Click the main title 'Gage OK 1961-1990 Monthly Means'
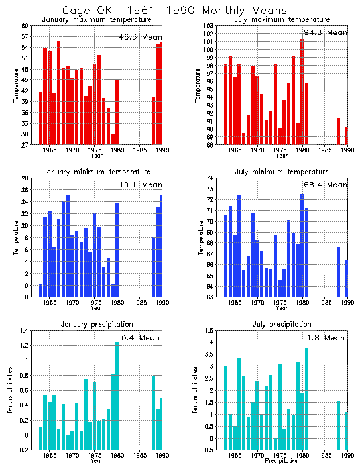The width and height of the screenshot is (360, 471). point(175,11)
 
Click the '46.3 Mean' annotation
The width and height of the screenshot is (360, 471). point(139,38)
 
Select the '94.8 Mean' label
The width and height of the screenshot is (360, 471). point(325,32)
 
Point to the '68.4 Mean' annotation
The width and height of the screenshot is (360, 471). point(325,185)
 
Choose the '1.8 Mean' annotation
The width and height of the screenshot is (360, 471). point(326,338)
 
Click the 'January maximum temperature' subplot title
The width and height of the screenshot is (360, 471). point(97,20)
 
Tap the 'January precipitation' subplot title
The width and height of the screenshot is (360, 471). point(97,324)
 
